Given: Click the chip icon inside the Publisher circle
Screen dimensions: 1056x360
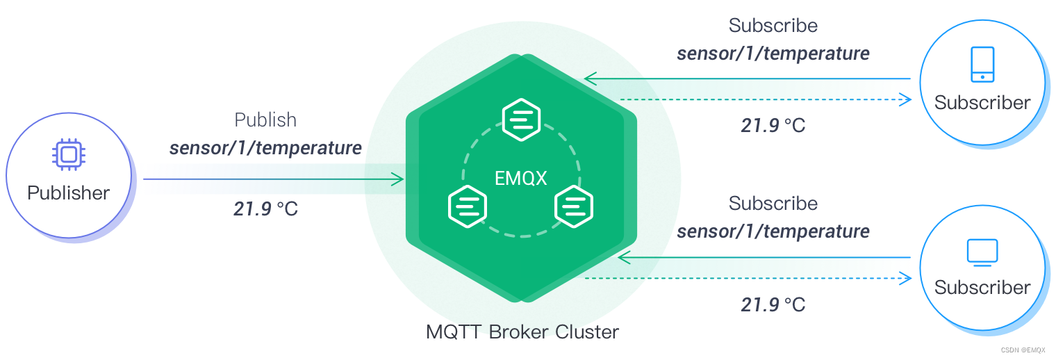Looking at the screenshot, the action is coord(69,154).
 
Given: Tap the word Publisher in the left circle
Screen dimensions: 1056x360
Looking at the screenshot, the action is coord(68,193).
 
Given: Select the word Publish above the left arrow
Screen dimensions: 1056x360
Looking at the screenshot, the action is coord(265,120).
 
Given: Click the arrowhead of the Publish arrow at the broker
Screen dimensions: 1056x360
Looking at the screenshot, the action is coord(397,179).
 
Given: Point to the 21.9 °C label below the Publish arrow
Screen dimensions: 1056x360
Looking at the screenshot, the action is coord(265,208).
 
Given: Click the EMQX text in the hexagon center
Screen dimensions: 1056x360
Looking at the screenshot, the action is coord(521,179).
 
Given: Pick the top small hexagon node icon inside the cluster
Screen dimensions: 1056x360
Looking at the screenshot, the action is coord(521,120).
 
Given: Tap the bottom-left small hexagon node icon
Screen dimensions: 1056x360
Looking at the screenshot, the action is coord(467,206).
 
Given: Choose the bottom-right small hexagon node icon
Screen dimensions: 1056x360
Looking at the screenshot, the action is coord(574,206).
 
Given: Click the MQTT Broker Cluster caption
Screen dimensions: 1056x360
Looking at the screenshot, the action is coord(522,332).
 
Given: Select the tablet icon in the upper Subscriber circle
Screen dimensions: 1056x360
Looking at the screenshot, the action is coord(982,65).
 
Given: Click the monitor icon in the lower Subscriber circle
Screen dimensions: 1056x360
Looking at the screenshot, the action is coord(982,252).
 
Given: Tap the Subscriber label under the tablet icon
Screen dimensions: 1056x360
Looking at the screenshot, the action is coord(982,103).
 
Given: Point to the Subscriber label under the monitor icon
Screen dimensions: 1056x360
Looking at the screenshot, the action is coord(982,288).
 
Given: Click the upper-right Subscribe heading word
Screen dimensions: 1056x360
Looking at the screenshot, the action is coord(773,26).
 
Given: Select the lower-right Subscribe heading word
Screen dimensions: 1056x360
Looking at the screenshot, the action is coord(773,204).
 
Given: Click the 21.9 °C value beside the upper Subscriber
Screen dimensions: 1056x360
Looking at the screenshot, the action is coord(773,126).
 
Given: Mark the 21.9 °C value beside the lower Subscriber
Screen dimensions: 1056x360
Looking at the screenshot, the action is coord(773,305).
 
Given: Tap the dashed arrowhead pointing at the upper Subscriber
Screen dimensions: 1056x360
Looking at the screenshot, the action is coord(905,99).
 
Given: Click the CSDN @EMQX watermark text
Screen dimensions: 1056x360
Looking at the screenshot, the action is coord(1023,350).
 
